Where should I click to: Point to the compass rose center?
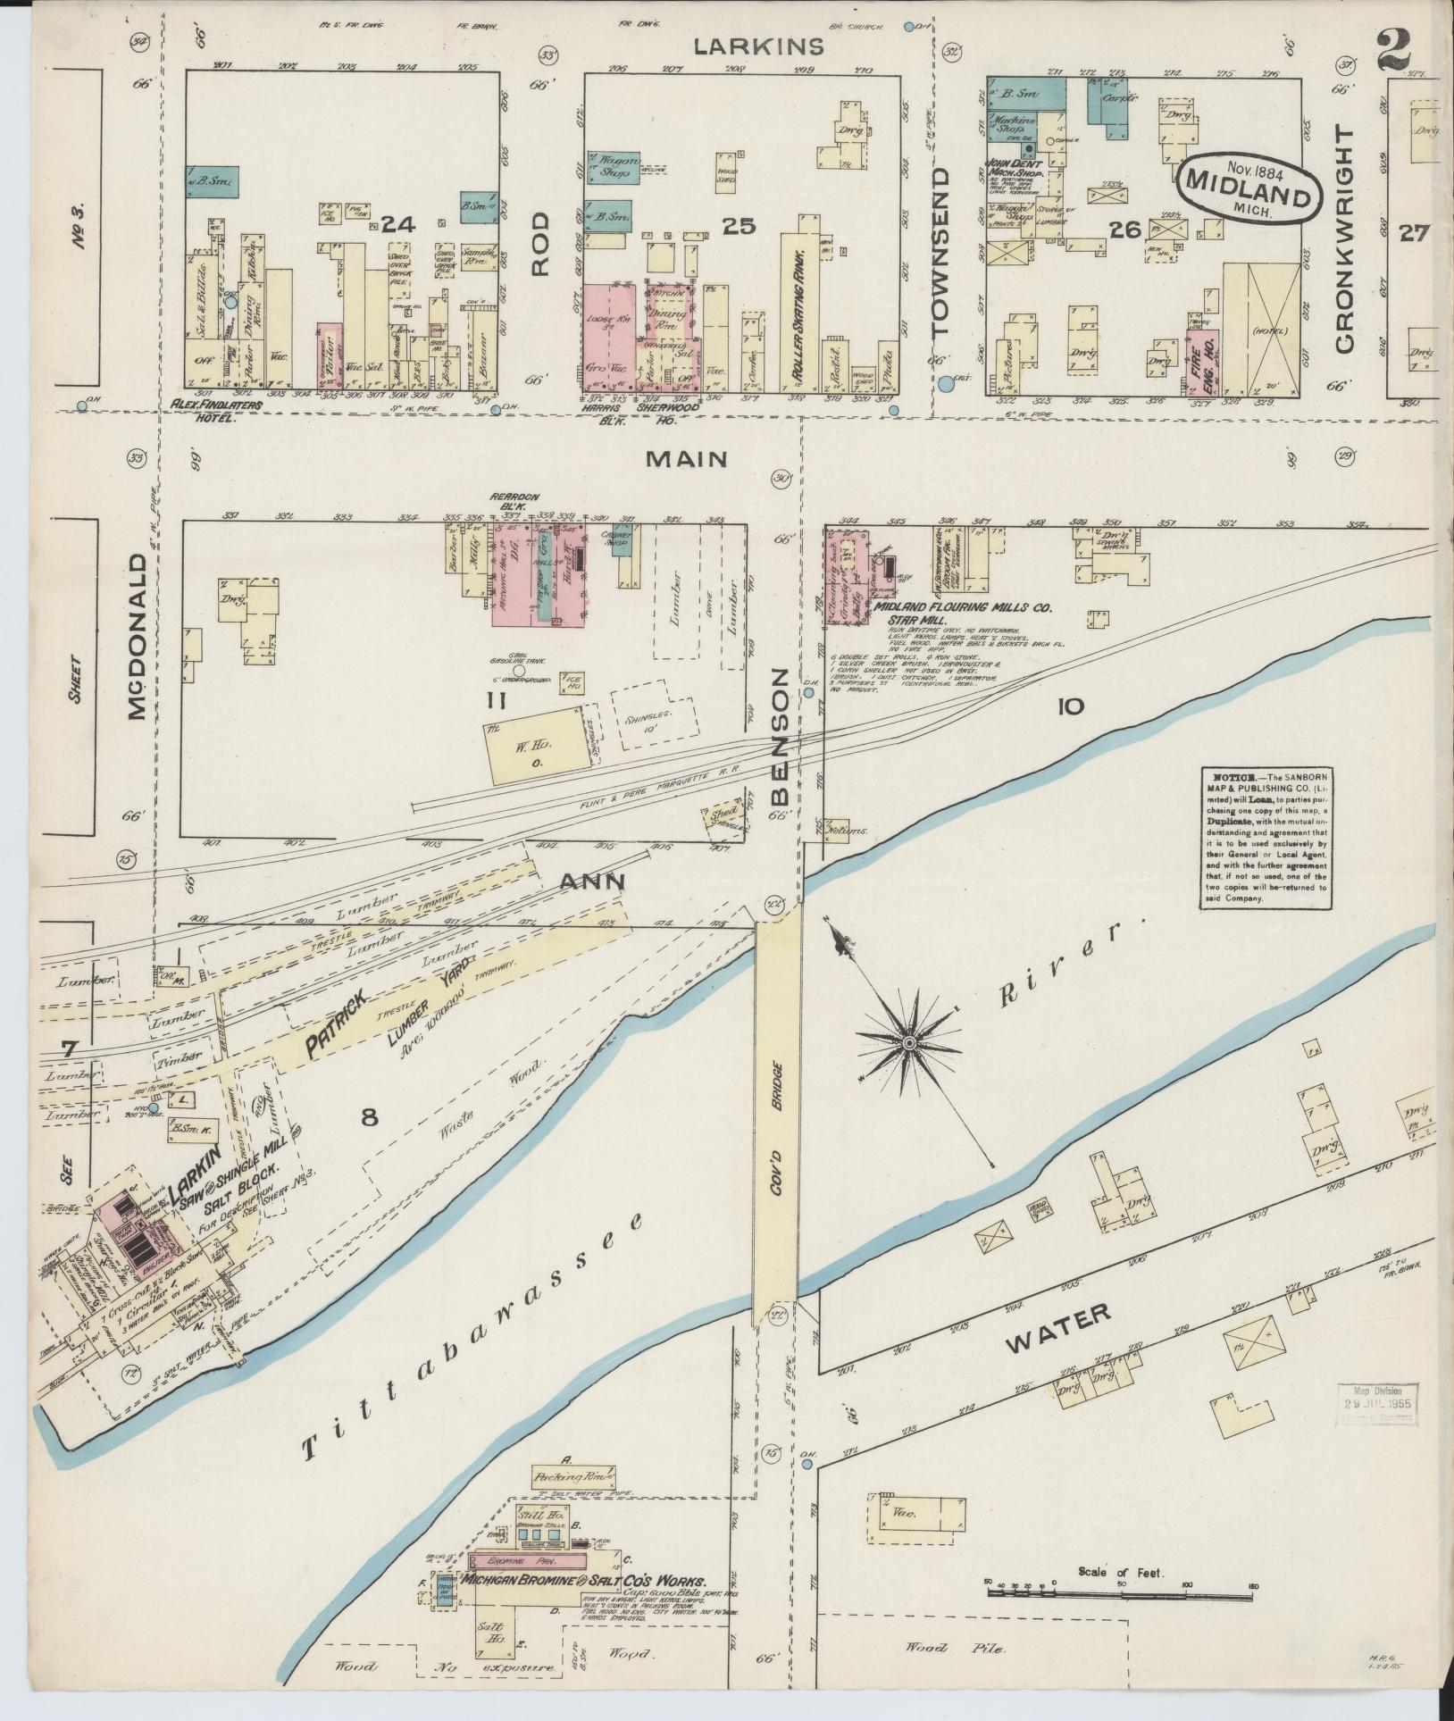[x=908, y=1042]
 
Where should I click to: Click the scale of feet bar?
[x=1120, y=1588]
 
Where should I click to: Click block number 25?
[x=739, y=227]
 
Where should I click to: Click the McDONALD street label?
[x=137, y=636]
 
